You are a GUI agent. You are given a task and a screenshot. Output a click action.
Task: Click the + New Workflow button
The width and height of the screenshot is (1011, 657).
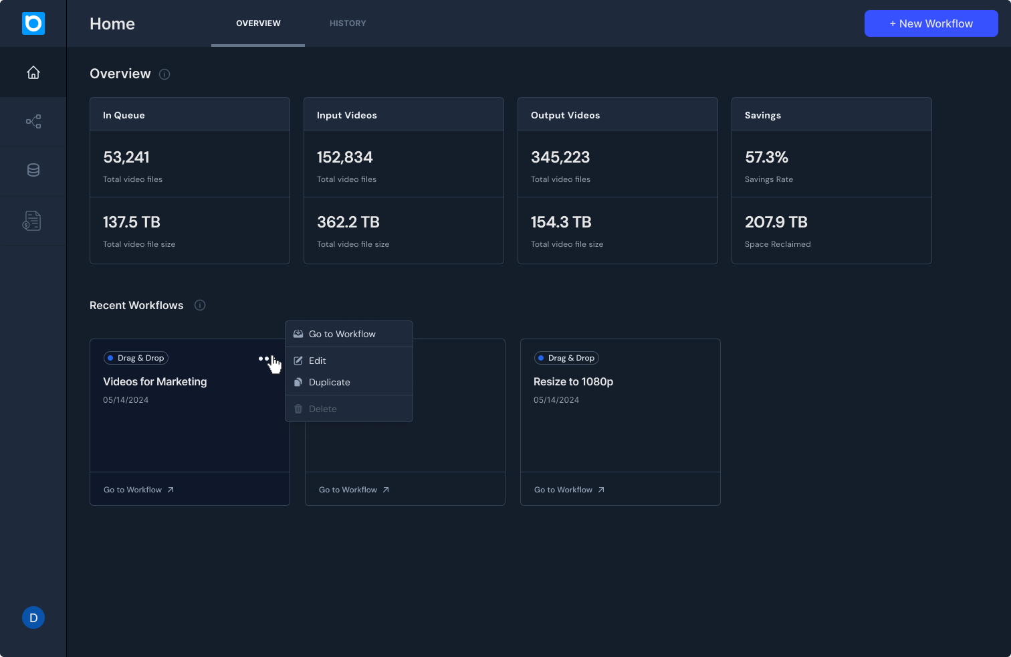[x=931, y=23]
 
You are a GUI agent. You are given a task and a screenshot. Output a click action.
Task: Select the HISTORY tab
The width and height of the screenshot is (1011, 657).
[x=348, y=23]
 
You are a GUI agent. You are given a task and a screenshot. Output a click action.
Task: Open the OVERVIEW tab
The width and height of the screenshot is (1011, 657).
[x=258, y=23]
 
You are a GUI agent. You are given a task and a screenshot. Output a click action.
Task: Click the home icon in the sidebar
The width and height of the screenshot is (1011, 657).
[x=33, y=72]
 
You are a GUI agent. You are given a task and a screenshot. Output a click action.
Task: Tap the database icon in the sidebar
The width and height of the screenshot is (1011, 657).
[x=33, y=170]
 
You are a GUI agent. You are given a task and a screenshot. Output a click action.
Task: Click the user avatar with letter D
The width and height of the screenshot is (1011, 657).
[x=33, y=618]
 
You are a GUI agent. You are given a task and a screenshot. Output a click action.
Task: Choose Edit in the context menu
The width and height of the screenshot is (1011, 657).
[x=318, y=361]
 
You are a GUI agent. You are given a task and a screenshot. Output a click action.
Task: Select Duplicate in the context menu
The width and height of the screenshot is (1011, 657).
[x=329, y=382]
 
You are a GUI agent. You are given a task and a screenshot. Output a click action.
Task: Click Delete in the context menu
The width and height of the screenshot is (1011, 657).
[x=322, y=409]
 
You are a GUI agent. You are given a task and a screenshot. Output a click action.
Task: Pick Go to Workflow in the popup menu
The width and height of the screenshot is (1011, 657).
[x=342, y=334]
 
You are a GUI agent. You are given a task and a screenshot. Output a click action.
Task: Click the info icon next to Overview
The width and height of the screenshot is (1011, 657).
[x=164, y=74]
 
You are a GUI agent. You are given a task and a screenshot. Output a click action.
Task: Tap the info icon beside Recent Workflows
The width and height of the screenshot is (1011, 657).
[x=200, y=305]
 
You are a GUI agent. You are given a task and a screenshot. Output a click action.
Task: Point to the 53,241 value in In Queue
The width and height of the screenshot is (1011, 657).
[x=126, y=157]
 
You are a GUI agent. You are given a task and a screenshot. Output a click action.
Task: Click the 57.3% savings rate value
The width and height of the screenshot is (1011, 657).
[x=766, y=157]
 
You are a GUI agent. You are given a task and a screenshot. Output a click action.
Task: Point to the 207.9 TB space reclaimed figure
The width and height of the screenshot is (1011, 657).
[x=776, y=222]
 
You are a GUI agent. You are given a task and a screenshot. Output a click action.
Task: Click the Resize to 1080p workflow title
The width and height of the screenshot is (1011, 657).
[x=573, y=381]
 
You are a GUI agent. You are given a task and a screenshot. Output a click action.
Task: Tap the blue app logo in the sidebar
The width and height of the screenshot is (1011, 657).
[x=33, y=23]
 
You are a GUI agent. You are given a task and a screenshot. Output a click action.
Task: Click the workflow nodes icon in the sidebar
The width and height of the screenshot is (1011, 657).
[x=33, y=121]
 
